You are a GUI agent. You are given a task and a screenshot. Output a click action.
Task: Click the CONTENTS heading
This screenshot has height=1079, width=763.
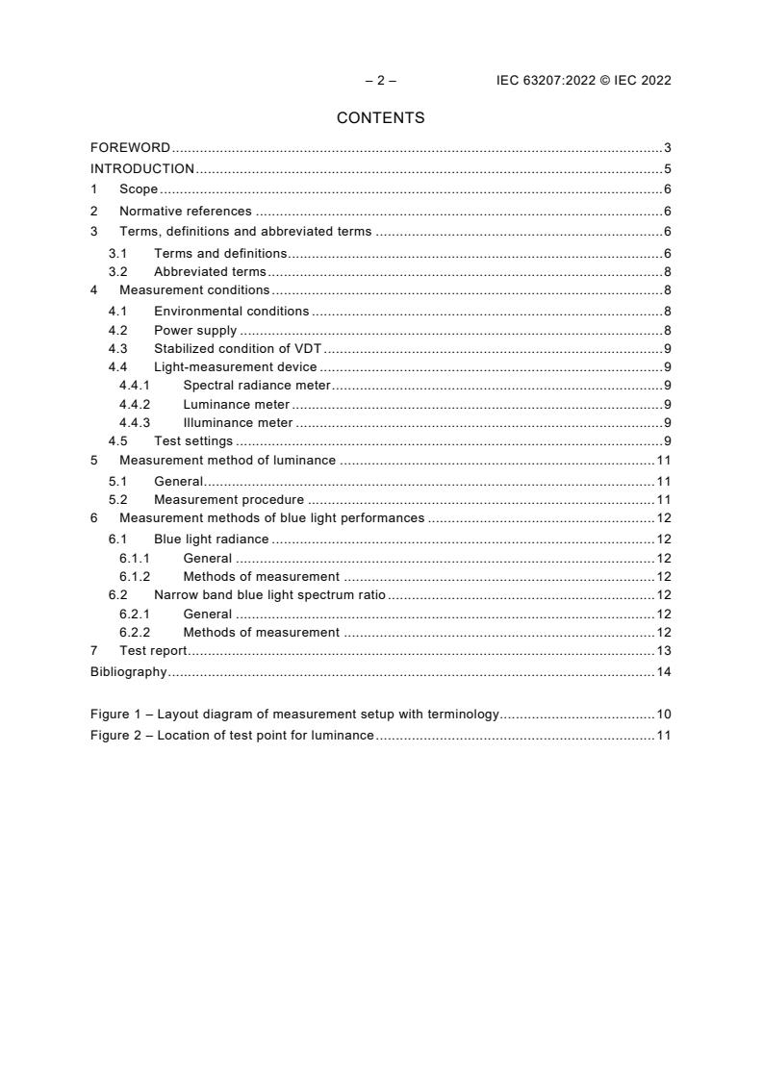pyautogui.click(x=380, y=118)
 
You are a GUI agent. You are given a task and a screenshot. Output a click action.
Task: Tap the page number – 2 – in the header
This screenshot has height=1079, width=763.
pyautogui.click(x=380, y=81)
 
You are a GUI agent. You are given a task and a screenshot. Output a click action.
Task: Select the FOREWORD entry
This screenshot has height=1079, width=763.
pyautogui.click(x=130, y=148)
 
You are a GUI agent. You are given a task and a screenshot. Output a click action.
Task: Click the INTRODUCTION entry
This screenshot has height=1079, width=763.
pyautogui.click(x=141, y=168)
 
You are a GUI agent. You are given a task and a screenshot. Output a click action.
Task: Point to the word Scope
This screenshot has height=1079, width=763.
pyautogui.click(x=138, y=189)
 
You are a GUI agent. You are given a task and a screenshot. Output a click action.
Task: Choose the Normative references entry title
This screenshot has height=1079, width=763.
pyautogui.click(x=185, y=212)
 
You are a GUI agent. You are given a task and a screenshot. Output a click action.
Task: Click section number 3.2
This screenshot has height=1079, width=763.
pyautogui.click(x=117, y=271)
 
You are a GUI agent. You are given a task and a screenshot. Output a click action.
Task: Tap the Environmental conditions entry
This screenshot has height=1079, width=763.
pyautogui.click(x=231, y=311)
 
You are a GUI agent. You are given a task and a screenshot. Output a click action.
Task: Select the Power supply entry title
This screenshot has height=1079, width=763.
pyautogui.click(x=194, y=331)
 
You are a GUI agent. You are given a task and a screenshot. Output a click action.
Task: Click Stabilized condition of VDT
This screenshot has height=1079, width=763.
pyautogui.click(x=243, y=348)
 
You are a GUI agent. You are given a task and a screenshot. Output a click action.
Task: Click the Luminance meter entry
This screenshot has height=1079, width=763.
pyautogui.click(x=236, y=405)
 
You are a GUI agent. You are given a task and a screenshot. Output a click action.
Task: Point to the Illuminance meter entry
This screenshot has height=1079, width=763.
pyautogui.click(x=238, y=423)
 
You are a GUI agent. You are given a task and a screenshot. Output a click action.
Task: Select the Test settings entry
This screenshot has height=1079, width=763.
pyautogui.click(x=192, y=441)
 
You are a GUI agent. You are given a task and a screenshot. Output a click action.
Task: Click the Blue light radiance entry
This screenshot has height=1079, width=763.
pyautogui.click(x=211, y=539)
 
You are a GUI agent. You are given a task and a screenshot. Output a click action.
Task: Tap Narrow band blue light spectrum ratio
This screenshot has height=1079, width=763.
pyautogui.click(x=268, y=595)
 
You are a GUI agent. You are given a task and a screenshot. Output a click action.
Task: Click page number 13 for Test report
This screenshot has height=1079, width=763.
pyautogui.click(x=663, y=651)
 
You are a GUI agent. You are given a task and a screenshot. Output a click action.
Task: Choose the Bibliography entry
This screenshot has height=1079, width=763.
pyautogui.click(x=128, y=671)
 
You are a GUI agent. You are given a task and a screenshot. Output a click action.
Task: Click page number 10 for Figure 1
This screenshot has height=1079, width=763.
pyautogui.click(x=663, y=715)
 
